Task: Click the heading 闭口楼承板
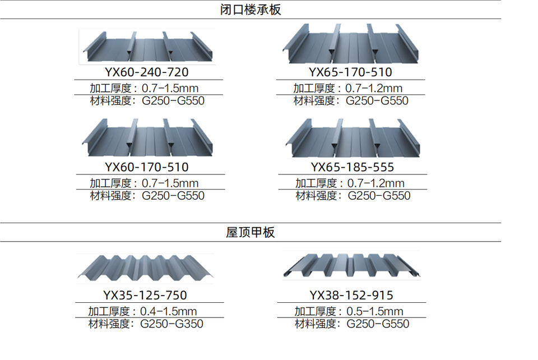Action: point(251,10)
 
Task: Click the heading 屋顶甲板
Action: point(251,232)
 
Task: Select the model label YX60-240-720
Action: point(146,72)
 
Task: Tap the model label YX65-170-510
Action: point(350,72)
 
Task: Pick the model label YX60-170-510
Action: point(146,167)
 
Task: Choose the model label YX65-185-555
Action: point(352,167)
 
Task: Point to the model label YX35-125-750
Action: point(145,296)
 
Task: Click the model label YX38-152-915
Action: point(351,296)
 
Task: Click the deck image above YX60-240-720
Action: point(147,47)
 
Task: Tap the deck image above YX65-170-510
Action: point(351,44)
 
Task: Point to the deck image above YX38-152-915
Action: point(351,265)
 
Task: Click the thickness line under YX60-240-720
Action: point(144,88)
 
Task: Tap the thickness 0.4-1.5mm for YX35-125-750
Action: point(142,311)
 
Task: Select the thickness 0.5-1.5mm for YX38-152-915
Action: point(349,311)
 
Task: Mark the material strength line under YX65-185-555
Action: point(353,196)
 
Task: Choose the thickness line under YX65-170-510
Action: point(347,88)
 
